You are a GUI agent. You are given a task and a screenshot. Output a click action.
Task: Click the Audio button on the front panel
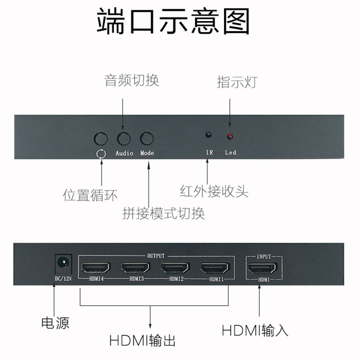[123, 138]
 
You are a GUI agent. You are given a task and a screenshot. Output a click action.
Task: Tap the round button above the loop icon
[101, 138]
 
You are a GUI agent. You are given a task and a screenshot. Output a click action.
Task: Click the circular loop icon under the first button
[101, 153]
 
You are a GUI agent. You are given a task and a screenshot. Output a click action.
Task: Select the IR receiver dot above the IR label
[208, 135]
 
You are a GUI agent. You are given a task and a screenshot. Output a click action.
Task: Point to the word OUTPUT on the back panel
[156, 256]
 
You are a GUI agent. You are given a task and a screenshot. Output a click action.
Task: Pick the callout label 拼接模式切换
[164, 212]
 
